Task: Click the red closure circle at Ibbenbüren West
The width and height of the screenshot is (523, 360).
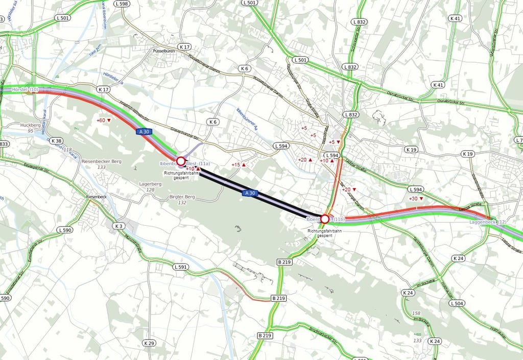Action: coord(180,161)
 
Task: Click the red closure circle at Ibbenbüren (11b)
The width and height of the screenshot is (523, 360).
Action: coord(324,219)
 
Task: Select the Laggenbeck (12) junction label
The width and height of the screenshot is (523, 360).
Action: coord(488,222)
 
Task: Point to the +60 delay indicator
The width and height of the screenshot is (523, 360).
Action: coord(104,121)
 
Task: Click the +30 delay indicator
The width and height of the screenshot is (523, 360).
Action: coord(416,199)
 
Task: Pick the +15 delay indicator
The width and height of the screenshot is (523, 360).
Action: coord(239,165)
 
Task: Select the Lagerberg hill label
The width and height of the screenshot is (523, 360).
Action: coord(149,184)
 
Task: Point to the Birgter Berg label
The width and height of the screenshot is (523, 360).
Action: coord(182,197)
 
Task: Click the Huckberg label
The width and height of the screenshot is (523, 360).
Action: coord(30,125)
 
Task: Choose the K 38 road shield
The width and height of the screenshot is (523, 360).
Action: coord(57,141)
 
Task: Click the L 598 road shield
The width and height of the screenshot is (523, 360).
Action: coord(122,4)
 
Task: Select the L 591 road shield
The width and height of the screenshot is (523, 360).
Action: coord(181,267)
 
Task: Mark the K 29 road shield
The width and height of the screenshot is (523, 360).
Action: coord(149,343)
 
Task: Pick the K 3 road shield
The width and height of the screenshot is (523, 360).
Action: coord(119,226)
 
